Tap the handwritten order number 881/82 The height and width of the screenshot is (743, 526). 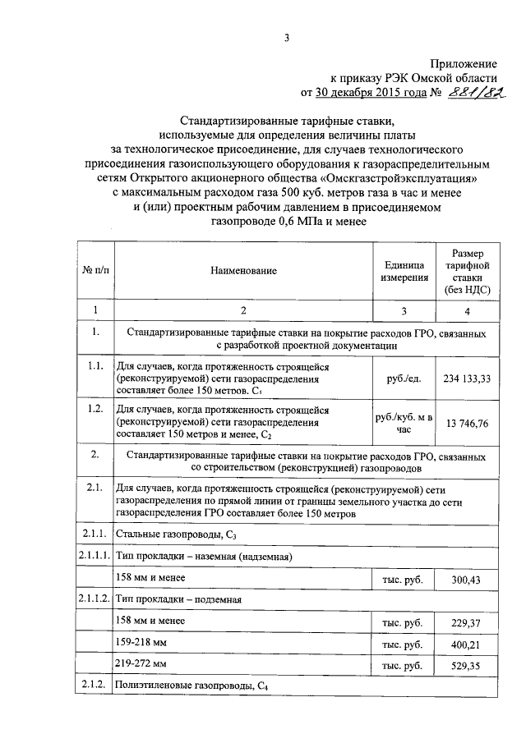pos(472,94)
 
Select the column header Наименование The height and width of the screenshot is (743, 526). pos(243,271)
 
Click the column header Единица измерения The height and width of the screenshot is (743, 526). pos(404,271)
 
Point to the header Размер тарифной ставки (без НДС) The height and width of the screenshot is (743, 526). pos(467,271)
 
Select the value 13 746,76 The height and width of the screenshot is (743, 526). pos(467,423)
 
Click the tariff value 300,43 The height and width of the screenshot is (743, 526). pos(467,580)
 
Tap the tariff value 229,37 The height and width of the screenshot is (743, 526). pos(467,623)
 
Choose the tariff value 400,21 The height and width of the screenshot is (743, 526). pos(467,644)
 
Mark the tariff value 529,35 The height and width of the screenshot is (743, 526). pos(467,666)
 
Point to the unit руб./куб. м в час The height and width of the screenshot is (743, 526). pos(404,423)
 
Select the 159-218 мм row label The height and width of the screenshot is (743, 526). pos(141,643)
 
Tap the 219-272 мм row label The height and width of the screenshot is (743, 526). pos(141,664)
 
